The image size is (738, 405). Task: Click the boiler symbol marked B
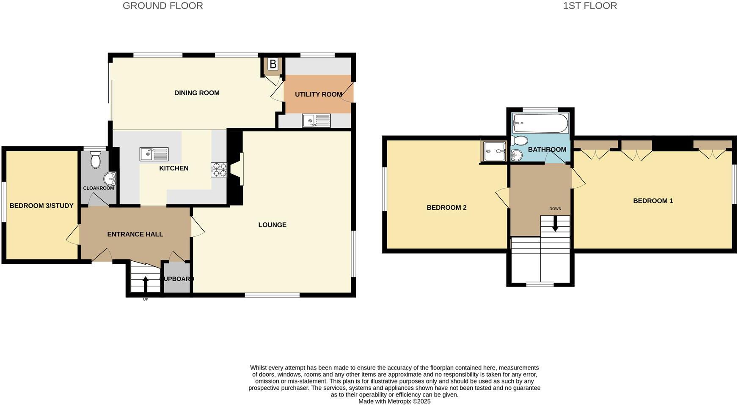(x=273, y=64)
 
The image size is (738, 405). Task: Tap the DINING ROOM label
(x=197, y=93)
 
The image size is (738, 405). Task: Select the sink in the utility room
(x=316, y=120)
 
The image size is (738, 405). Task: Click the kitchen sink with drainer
(x=154, y=154)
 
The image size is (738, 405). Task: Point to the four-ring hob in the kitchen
(x=219, y=170)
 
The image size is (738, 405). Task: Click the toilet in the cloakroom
(x=96, y=160)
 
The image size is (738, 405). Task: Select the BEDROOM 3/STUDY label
(x=41, y=206)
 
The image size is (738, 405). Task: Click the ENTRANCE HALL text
(x=135, y=234)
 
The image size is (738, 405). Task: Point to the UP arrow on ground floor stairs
(x=146, y=284)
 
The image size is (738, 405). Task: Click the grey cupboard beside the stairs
(x=177, y=279)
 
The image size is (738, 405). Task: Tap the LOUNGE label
(x=272, y=225)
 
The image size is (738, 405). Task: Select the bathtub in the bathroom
(x=540, y=123)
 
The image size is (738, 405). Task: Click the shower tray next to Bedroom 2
(x=494, y=151)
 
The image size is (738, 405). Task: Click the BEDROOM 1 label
(x=653, y=201)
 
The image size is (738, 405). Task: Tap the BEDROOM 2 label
(x=446, y=208)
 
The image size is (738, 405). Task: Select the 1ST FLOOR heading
(x=589, y=6)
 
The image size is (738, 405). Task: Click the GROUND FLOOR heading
(x=162, y=6)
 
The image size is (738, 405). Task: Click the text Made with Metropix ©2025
(x=394, y=401)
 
